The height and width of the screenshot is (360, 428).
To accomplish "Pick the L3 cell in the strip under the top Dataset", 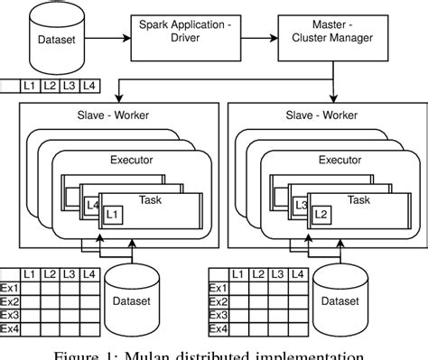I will [70, 87].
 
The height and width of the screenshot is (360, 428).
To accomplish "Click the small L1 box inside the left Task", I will [112, 215].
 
